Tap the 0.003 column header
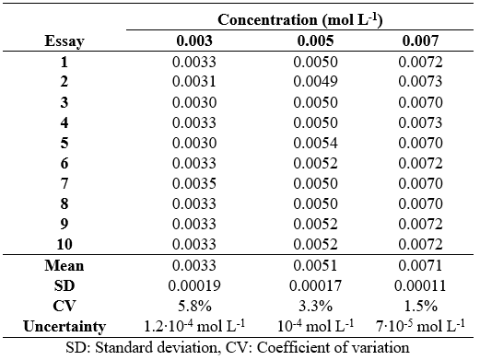pos(194,42)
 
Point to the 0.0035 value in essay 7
pos(194,184)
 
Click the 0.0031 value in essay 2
pos(194,83)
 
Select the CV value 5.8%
pos(194,306)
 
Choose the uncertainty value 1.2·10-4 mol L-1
pos(194,326)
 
